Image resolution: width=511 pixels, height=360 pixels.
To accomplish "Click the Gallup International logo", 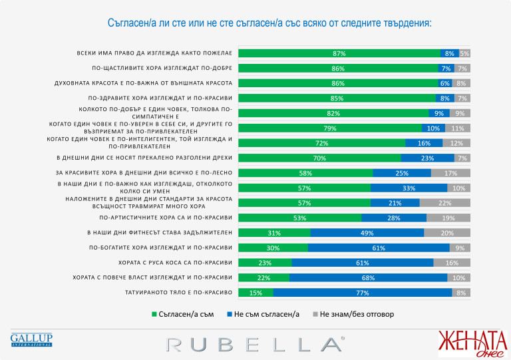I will (31, 340).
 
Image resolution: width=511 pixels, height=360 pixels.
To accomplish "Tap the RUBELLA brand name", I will (255, 343).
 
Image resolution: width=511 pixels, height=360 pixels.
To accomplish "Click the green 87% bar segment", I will (339, 53).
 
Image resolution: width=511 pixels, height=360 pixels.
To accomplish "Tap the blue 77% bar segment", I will (363, 293).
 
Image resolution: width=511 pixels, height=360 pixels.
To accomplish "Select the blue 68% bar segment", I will (369, 277).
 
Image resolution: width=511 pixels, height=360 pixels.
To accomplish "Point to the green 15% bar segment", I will (255, 293).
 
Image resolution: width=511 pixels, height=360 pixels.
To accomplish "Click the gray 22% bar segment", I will (445, 203).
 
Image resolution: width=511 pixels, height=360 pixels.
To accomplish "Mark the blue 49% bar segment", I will (367, 233).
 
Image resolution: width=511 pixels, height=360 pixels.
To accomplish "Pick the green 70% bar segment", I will (319, 158).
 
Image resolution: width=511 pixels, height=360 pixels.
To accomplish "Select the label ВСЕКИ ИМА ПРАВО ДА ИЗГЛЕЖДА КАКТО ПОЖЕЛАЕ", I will (153, 53).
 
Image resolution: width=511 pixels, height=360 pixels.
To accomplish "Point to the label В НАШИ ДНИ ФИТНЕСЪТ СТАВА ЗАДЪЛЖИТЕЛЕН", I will (160, 233).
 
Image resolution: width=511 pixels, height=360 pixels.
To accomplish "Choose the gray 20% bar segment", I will (447, 233).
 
